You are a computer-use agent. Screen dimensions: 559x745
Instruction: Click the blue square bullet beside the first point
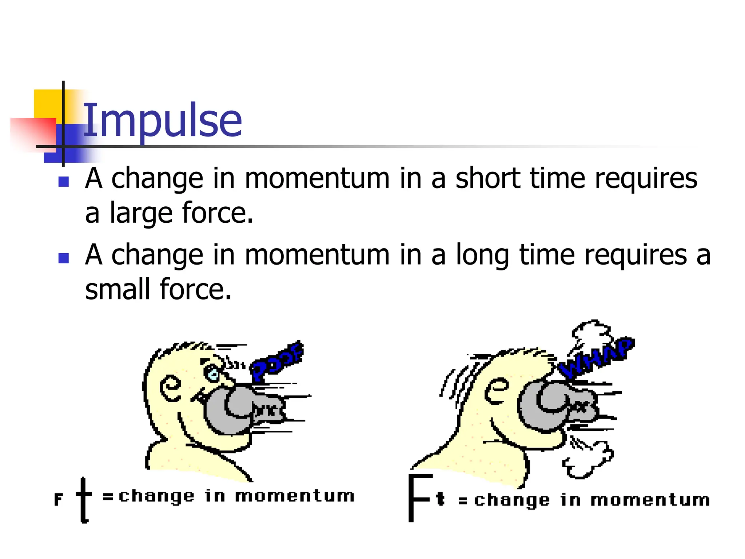64,181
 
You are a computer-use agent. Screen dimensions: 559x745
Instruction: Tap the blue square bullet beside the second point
64,258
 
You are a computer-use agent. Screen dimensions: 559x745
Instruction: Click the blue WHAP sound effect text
597,358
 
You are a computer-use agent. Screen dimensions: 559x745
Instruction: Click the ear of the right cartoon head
496,390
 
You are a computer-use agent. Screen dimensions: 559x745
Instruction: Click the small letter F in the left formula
58,499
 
